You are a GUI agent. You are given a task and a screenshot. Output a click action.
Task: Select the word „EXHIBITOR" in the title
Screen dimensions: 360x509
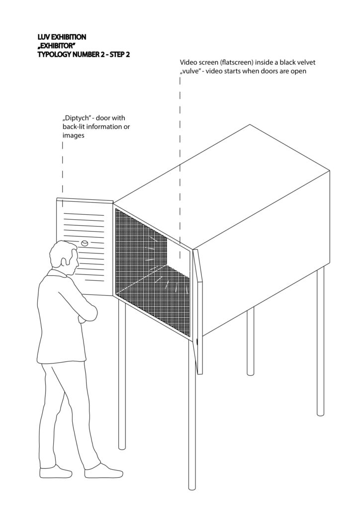tap(55, 46)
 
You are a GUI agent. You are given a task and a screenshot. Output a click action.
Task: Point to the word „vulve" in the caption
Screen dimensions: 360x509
tap(189, 71)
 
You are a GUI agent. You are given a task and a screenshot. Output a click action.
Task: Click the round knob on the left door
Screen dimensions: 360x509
tap(85, 243)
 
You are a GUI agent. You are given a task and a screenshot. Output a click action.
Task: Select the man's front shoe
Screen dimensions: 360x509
tap(103, 471)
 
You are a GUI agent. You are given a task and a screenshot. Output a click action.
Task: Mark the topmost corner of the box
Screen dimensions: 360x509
tap(250, 125)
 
